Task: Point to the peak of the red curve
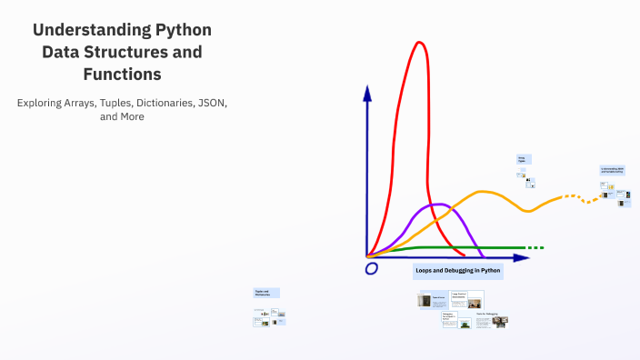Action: coord(419,43)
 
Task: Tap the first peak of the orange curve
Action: coord(484,192)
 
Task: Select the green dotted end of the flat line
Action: coord(535,247)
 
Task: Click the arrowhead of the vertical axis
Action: coord(367,92)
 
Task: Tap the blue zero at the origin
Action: coord(371,269)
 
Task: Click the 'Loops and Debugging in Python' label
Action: coord(458,271)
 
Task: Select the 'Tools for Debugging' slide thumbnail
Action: coord(491,320)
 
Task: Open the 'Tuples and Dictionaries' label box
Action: coord(266,293)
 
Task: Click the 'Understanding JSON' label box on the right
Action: coord(613,170)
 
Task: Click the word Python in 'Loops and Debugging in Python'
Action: coord(489,271)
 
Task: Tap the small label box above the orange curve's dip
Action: coord(524,159)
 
